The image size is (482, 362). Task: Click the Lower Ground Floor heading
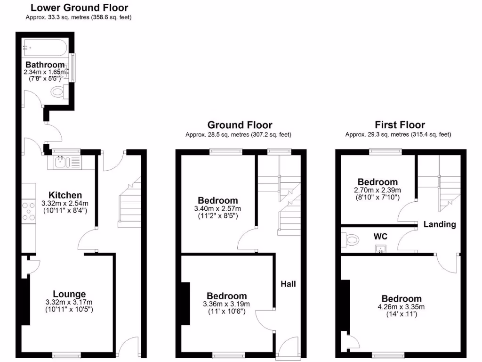(79, 8)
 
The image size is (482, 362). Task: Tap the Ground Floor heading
(240, 125)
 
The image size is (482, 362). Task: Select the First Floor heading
(400, 125)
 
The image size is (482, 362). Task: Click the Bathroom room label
(45, 65)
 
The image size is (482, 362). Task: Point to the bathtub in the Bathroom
(46, 47)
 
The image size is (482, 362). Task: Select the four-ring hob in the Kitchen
(28, 211)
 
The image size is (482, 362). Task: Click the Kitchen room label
(65, 195)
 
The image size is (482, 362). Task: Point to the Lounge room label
(69, 294)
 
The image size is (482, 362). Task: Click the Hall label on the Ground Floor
(288, 284)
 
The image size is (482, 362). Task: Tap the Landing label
(439, 224)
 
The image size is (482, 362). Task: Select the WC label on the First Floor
(380, 235)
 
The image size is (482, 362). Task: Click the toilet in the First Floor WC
(351, 240)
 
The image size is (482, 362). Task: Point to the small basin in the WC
(380, 248)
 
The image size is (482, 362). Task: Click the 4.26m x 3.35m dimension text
(401, 307)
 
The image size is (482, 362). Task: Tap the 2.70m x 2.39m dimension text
(378, 190)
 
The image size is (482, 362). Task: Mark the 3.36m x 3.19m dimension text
(227, 304)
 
